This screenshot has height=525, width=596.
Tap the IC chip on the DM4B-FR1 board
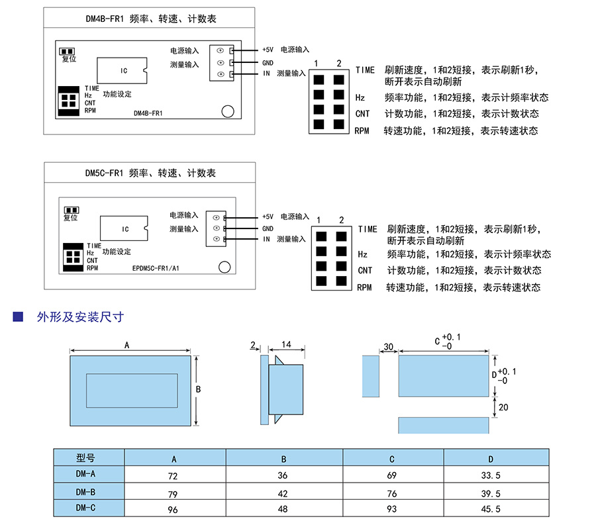pos(124,71)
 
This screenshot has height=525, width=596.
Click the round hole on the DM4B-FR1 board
pos(228,111)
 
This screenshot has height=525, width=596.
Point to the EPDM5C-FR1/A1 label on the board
pos(156,268)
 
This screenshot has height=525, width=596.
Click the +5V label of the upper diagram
pos(268,50)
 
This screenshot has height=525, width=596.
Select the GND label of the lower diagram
pos(268,228)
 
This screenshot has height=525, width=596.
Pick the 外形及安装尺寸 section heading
pos(80,317)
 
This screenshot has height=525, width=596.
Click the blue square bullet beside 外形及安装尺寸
pos(19,316)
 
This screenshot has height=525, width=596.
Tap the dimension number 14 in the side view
pos(286,345)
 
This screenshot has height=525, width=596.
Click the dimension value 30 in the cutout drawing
pos(388,347)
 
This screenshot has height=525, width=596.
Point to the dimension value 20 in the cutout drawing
pos(503,408)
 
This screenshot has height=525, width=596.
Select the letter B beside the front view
pos(198,389)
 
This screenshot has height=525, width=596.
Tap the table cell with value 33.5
pos(491,475)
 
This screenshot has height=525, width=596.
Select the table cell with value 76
pos(392,493)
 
